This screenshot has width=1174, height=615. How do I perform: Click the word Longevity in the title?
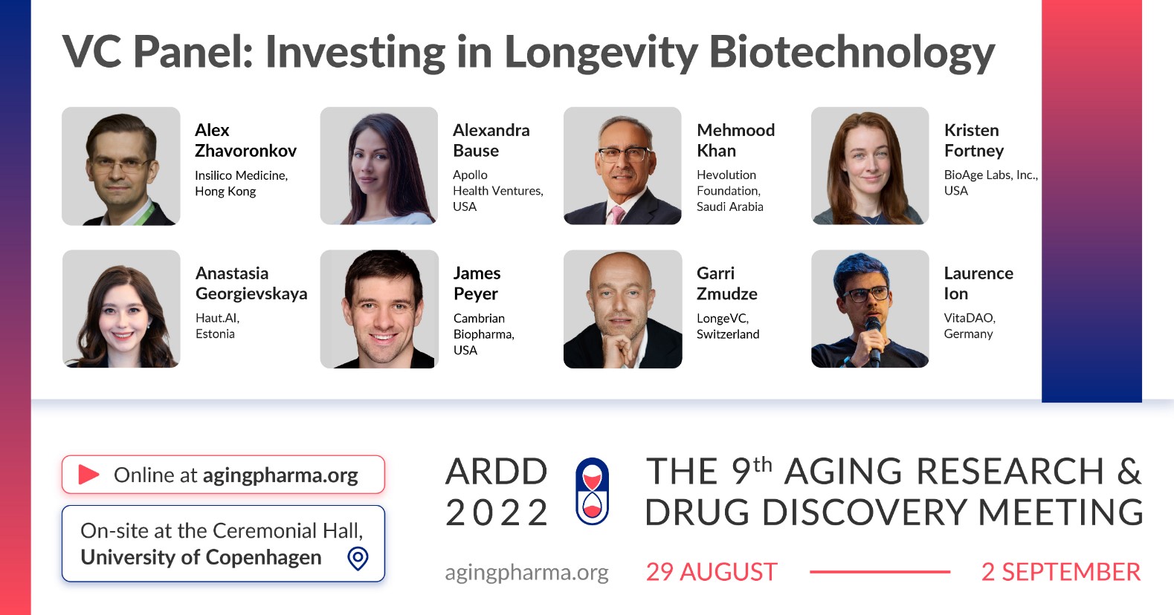601,53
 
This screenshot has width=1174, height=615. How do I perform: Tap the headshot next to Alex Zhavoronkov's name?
121,166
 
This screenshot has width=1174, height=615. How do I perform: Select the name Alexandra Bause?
491,140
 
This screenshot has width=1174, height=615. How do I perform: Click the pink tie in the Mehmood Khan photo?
617,215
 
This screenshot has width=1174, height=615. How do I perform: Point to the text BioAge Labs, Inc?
990,175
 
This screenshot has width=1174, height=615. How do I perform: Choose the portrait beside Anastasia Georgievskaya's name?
121,309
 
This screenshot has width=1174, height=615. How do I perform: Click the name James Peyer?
477,283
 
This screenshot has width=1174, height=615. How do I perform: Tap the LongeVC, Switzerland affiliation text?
727,326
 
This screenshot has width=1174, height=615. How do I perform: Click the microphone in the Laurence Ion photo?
873,340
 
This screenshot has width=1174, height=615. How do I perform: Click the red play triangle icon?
88,474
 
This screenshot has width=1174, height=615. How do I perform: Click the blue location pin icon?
358,559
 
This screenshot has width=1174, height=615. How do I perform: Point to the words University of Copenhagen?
201,557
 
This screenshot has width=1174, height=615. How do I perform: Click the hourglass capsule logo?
592,492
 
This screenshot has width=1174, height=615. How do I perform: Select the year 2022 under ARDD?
497,512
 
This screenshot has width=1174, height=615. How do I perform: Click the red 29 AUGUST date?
712,572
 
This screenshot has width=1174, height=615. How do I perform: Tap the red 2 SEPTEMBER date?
1061,572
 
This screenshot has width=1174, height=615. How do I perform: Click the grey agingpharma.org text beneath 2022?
526,573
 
